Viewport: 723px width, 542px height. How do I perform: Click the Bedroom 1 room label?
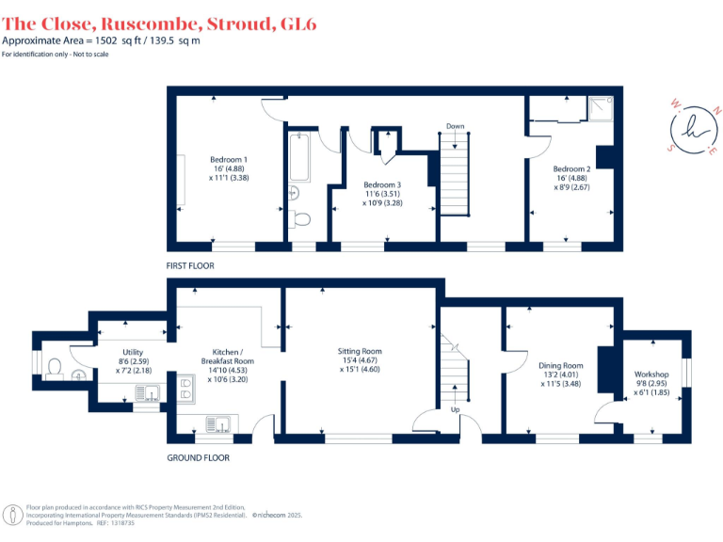click(229, 159)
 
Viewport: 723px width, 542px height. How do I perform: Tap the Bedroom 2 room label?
click(571, 169)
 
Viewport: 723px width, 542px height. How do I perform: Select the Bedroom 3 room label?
click(382, 184)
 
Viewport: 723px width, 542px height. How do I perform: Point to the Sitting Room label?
click(359, 351)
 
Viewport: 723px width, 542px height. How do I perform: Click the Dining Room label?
click(560, 366)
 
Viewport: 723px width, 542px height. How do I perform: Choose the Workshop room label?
click(651, 375)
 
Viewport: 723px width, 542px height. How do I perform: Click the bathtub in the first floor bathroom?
click(299, 157)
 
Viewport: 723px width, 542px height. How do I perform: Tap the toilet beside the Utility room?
click(55, 365)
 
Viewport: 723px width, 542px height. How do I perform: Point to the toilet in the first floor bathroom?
click(301, 219)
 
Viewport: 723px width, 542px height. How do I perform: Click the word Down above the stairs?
click(455, 126)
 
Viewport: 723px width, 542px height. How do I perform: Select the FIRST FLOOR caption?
click(190, 266)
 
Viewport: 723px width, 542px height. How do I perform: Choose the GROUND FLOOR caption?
click(198, 458)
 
